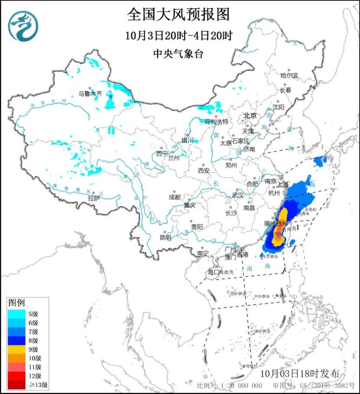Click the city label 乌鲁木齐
(x=90, y=93)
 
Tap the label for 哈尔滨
(x=289, y=75)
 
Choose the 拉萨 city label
(x=94, y=198)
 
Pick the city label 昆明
(x=165, y=237)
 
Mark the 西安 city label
(x=204, y=170)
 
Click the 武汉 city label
(x=238, y=195)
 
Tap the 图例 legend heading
(x=18, y=302)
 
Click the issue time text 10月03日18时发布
(x=303, y=373)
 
